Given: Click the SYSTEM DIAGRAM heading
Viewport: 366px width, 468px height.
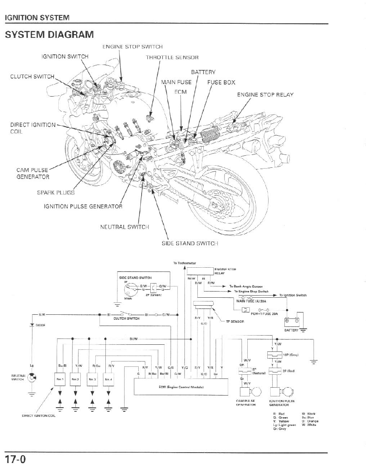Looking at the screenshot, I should pos(50,35).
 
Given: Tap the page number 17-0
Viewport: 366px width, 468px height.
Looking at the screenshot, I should pos(15,460).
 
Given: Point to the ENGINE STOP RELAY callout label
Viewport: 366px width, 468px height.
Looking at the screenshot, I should pos(265,95).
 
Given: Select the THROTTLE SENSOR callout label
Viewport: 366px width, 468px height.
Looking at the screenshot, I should pos(172,57).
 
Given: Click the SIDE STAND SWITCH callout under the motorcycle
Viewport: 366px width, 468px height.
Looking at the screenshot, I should pos(189,243).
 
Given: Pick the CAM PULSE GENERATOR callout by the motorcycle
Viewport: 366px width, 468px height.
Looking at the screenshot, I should pos(33,174).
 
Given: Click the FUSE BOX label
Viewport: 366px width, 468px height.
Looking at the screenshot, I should pos(221,82).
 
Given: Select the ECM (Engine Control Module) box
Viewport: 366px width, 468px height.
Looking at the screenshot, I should pos(180,387).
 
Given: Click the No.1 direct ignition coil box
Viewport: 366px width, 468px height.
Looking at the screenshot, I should pos(59,379).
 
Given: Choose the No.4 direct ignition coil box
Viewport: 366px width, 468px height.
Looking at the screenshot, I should pos(108,379).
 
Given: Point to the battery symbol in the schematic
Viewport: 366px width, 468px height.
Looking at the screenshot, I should pos(291,321).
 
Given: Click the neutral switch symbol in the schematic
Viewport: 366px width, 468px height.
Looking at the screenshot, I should pos(33,378).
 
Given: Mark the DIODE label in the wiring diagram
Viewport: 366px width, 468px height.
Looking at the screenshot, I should pos(40,325).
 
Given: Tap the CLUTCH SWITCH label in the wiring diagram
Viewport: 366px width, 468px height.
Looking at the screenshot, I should pos(126,319).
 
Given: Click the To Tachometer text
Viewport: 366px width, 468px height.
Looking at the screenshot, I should pos(184,263).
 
